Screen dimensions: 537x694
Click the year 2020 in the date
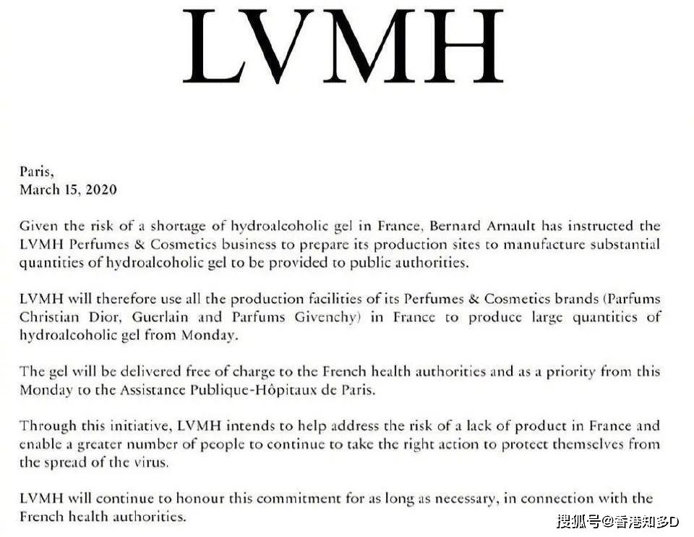click(100, 190)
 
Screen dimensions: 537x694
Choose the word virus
click(152, 462)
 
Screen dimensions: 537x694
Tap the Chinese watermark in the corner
click(617, 522)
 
